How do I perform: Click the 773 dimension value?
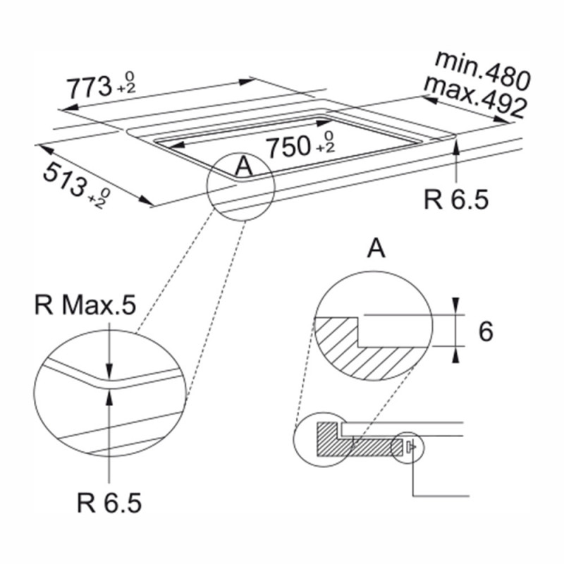pyautogui.click(x=90, y=87)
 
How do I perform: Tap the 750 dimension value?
pyautogui.click(x=288, y=147)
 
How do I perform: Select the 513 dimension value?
pyautogui.click(x=65, y=180)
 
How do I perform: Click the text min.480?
pyautogui.click(x=482, y=70)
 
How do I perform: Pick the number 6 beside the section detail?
pyautogui.click(x=486, y=331)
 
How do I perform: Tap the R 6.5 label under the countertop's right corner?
pyautogui.click(x=456, y=200)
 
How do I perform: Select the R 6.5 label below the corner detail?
pyautogui.click(x=109, y=503)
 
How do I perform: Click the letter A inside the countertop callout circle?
pyautogui.click(x=244, y=166)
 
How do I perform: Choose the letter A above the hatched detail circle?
pyautogui.click(x=376, y=249)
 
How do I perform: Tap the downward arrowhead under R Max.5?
pyautogui.click(x=109, y=372)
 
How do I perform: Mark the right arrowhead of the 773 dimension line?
pyautogui.click(x=247, y=82)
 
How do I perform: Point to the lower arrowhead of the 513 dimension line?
pyautogui.click(x=147, y=201)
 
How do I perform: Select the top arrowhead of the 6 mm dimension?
pyautogui.click(x=455, y=306)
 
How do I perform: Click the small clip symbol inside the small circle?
pyautogui.click(x=411, y=447)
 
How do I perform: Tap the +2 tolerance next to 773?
pyautogui.click(x=127, y=90)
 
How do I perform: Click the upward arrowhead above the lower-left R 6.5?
pyautogui.click(x=109, y=398)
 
